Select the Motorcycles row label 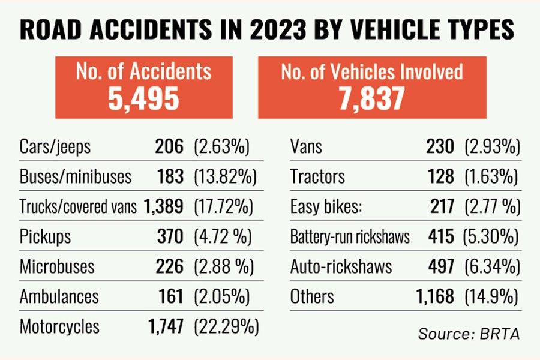(59, 327)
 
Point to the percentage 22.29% (226, 327)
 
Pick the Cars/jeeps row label (55, 147)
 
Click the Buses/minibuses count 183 (168, 177)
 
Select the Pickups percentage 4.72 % (221, 237)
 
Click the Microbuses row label (57, 267)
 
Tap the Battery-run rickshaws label (350, 237)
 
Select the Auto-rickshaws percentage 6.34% (491, 267)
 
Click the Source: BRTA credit (469, 334)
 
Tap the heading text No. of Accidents (143, 71)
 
